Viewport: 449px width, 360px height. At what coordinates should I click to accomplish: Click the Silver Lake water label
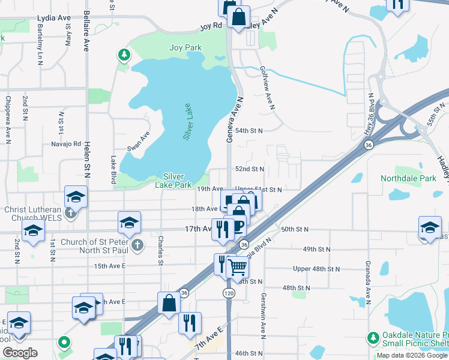pyautogui.click(x=188, y=122)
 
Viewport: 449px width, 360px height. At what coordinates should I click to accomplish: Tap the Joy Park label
pyautogui.click(x=185, y=47)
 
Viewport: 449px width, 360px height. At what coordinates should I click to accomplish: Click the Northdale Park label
pyautogui.click(x=408, y=178)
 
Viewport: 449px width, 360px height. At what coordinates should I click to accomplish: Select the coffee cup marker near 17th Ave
pyautogui.click(x=238, y=226)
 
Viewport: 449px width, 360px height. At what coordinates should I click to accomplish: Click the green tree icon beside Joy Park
pyautogui.click(x=124, y=56)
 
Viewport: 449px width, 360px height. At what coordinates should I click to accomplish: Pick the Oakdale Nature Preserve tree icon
pyautogui.click(x=373, y=339)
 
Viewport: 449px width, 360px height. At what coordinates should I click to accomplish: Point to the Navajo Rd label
pyautogui.click(x=66, y=144)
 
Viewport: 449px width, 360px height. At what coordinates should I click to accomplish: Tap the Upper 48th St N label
pyautogui.click(x=316, y=269)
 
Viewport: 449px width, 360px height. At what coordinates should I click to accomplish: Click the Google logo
pyautogui.click(x=20, y=353)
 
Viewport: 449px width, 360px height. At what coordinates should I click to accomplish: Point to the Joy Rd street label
pyautogui.click(x=211, y=26)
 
